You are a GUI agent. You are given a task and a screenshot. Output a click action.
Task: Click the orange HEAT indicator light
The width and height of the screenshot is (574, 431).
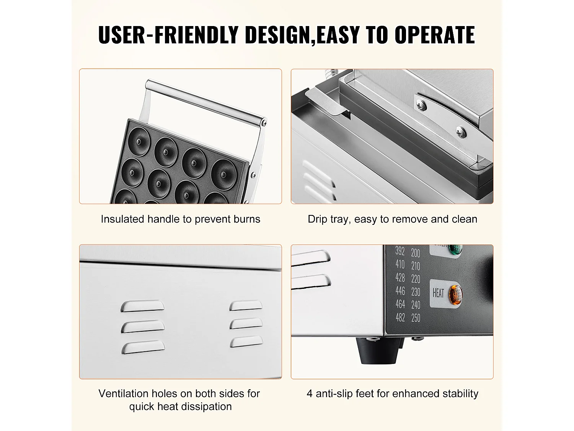(455, 295)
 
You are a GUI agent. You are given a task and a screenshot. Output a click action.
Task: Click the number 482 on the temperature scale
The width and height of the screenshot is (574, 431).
(400, 318)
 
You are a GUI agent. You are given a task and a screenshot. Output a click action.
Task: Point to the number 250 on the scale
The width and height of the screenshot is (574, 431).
(416, 318)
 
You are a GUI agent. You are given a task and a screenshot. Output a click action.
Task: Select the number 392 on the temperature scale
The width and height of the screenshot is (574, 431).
(400, 251)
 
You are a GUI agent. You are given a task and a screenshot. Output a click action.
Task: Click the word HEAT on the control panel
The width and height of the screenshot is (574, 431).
(438, 293)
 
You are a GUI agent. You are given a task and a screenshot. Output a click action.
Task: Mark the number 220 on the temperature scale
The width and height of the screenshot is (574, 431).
(416, 279)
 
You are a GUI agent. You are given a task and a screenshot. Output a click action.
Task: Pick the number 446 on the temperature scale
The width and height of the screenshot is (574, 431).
(400, 291)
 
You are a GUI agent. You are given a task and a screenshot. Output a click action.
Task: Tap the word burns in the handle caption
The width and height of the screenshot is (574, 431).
(247, 219)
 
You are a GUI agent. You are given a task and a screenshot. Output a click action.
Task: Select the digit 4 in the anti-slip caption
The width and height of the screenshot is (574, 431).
(310, 394)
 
